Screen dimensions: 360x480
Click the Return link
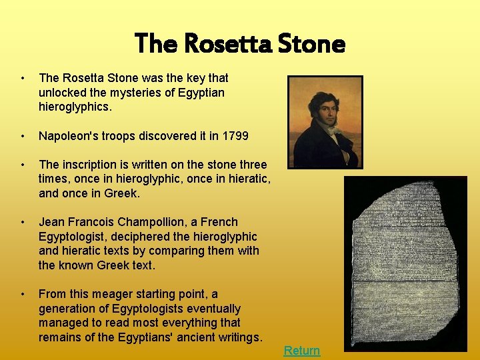(302, 351)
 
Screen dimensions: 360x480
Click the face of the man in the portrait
(320, 107)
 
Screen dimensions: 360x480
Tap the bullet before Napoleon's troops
(23, 136)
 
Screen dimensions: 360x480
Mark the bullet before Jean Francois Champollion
(23, 222)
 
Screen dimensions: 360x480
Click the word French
(219, 222)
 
